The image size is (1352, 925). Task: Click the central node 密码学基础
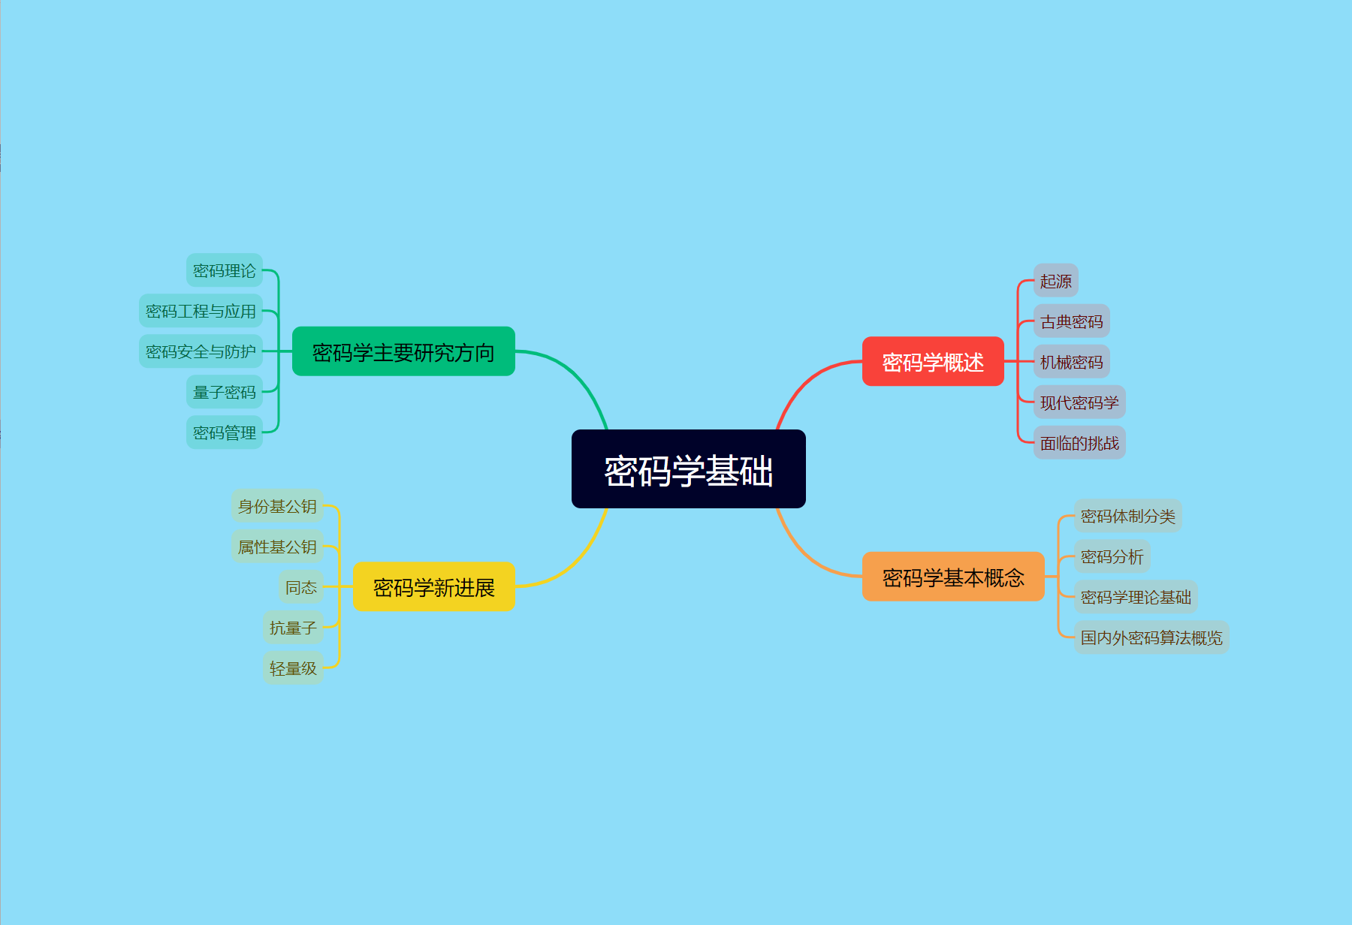point(688,469)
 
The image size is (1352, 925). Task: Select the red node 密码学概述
point(933,362)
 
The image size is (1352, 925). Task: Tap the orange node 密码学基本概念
point(953,577)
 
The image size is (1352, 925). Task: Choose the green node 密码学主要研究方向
point(403,351)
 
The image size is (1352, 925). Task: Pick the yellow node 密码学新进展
point(433,586)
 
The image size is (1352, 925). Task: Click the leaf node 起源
point(1055,281)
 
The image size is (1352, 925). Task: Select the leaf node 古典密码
point(1071,321)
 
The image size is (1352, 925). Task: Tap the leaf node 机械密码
point(1071,362)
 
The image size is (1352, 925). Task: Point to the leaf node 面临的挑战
point(1079,443)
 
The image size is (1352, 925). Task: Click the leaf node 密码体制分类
point(1127,516)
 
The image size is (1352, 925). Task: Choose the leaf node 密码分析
point(1112,556)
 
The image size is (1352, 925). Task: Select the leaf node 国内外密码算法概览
point(1151,637)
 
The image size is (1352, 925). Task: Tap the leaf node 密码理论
point(225,270)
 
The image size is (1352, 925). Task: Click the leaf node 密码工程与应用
point(201,311)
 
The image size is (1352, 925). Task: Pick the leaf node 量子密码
point(225,392)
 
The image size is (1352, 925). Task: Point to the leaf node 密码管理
point(225,432)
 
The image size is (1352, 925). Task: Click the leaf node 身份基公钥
point(277,506)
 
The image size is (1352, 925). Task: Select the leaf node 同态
point(301,587)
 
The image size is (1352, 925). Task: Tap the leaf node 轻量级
point(293,668)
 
